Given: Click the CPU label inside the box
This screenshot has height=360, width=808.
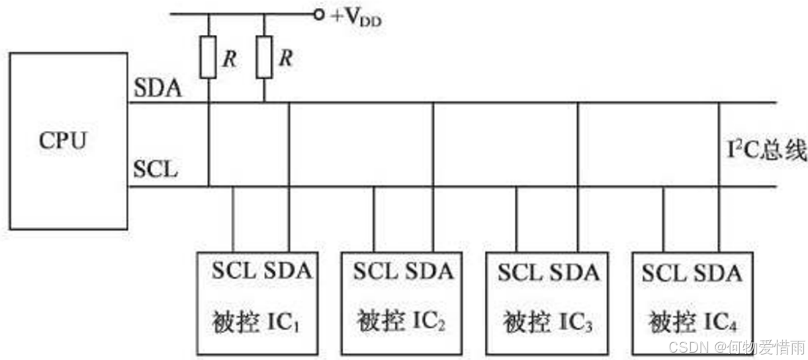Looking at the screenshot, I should coord(63,141).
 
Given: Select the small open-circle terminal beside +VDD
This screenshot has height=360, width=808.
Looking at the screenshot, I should coord(320,14).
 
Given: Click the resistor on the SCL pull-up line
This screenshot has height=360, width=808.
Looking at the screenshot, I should coord(208,58).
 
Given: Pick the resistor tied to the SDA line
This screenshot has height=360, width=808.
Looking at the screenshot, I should coord(264,58).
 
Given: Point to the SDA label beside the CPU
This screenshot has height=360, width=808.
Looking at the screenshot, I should coord(157,88).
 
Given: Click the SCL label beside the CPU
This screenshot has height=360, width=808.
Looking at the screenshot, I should coord(156,169).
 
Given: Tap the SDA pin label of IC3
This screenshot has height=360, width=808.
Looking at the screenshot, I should coord(574,271).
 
